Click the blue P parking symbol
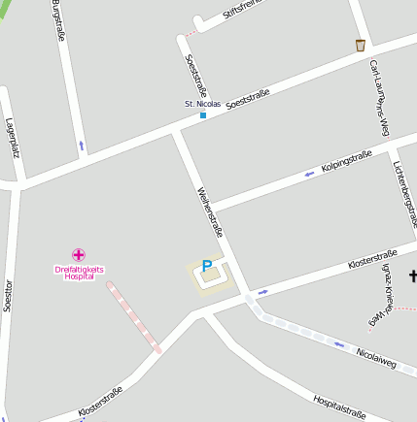click(206, 266)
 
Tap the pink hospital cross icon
click(79, 254)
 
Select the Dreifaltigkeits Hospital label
click(79, 272)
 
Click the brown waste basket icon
click(361, 45)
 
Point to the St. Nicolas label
click(203, 103)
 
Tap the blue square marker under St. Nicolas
click(203, 115)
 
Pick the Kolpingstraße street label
click(348, 161)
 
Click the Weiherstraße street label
click(212, 211)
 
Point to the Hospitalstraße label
click(340, 407)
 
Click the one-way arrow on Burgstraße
click(81, 146)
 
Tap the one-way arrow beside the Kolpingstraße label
click(310, 174)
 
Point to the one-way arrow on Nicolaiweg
click(339, 342)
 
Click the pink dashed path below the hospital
click(134, 316)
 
